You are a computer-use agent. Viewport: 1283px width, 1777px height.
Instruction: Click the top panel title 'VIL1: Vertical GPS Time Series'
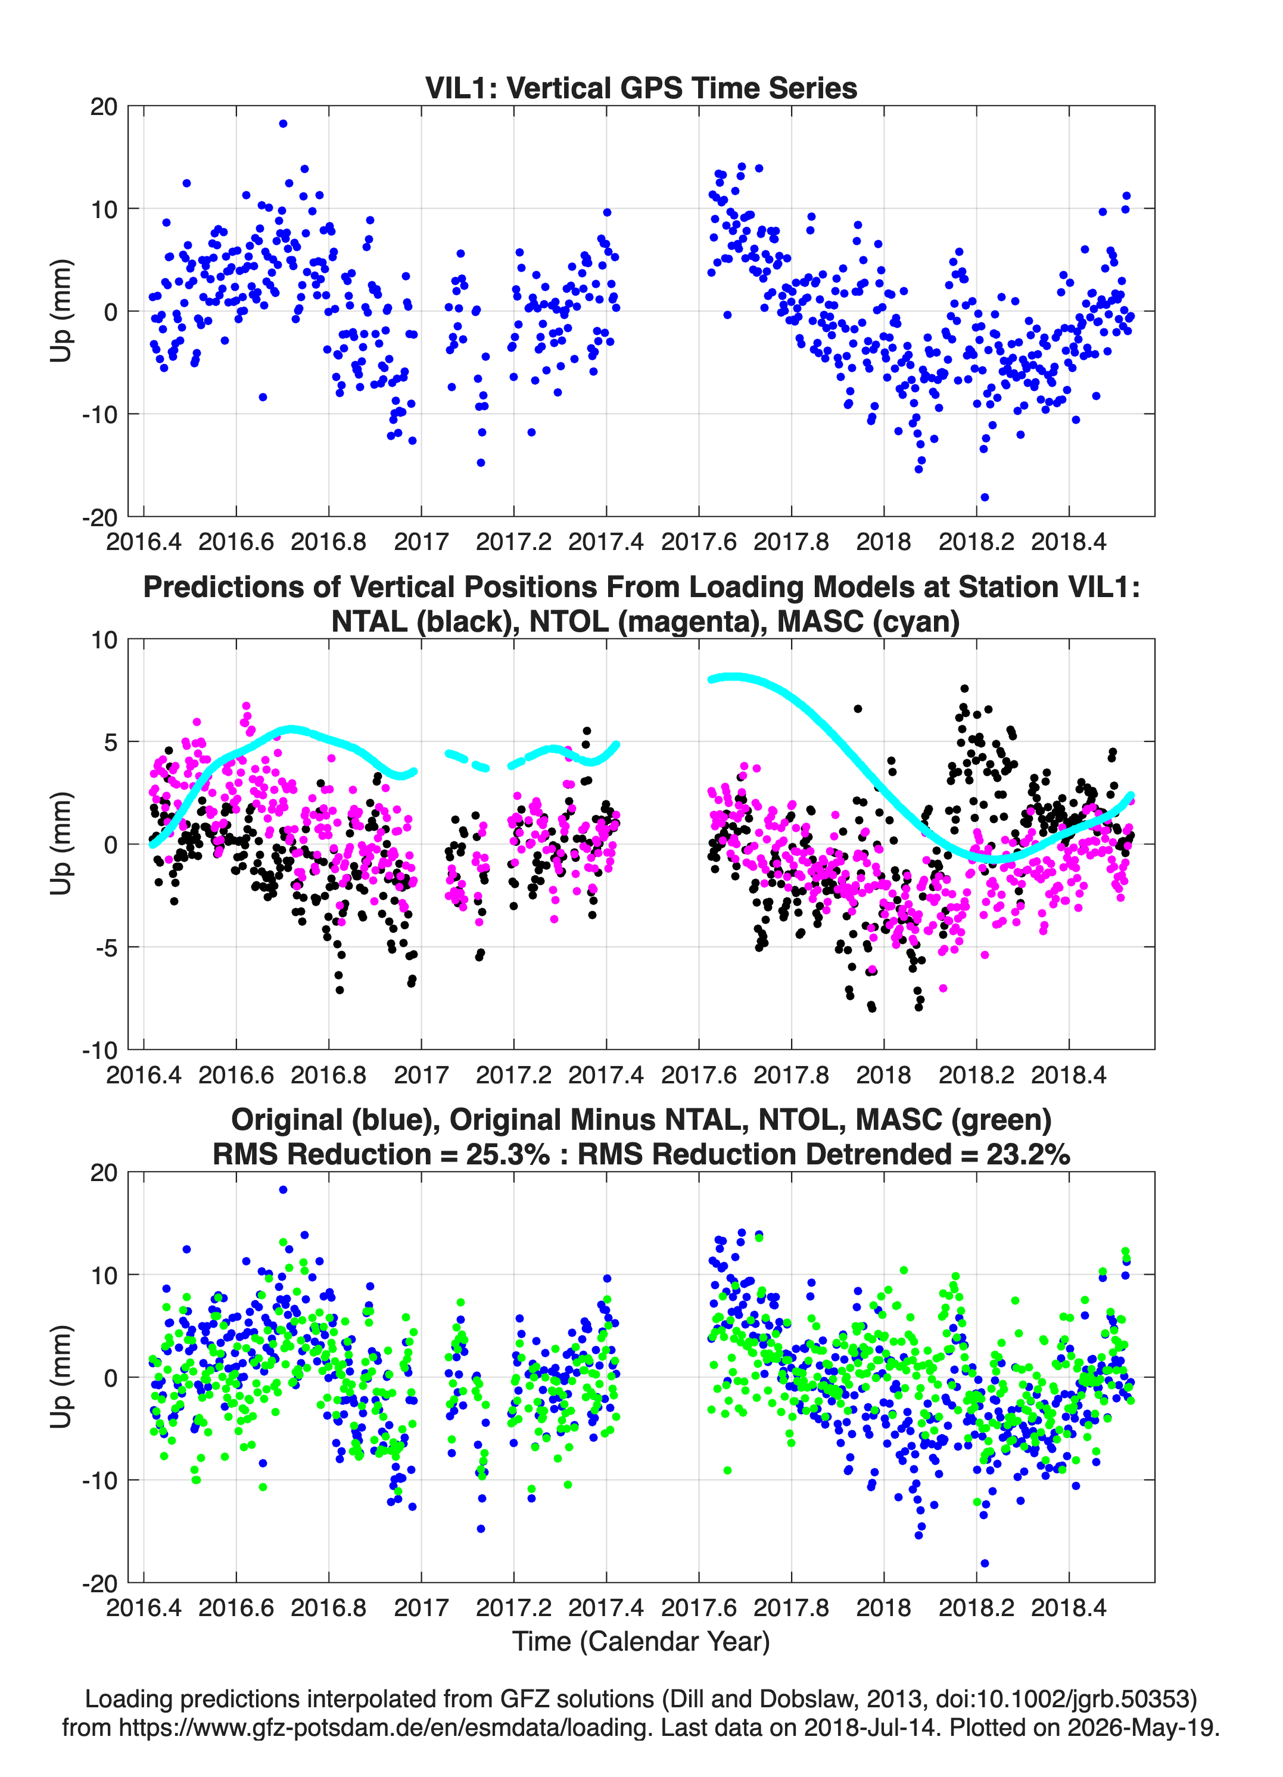pos(641,88)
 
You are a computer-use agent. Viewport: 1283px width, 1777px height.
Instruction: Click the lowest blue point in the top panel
pos(985,498)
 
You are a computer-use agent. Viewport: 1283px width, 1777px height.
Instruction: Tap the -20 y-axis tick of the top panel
pos(100,518)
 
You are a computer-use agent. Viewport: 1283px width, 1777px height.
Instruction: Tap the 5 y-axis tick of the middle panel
pos(110,742)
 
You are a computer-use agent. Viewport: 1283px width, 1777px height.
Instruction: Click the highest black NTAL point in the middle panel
pos(965,689)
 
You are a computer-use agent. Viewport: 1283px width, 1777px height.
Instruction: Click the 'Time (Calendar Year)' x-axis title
pos(641,1642)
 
